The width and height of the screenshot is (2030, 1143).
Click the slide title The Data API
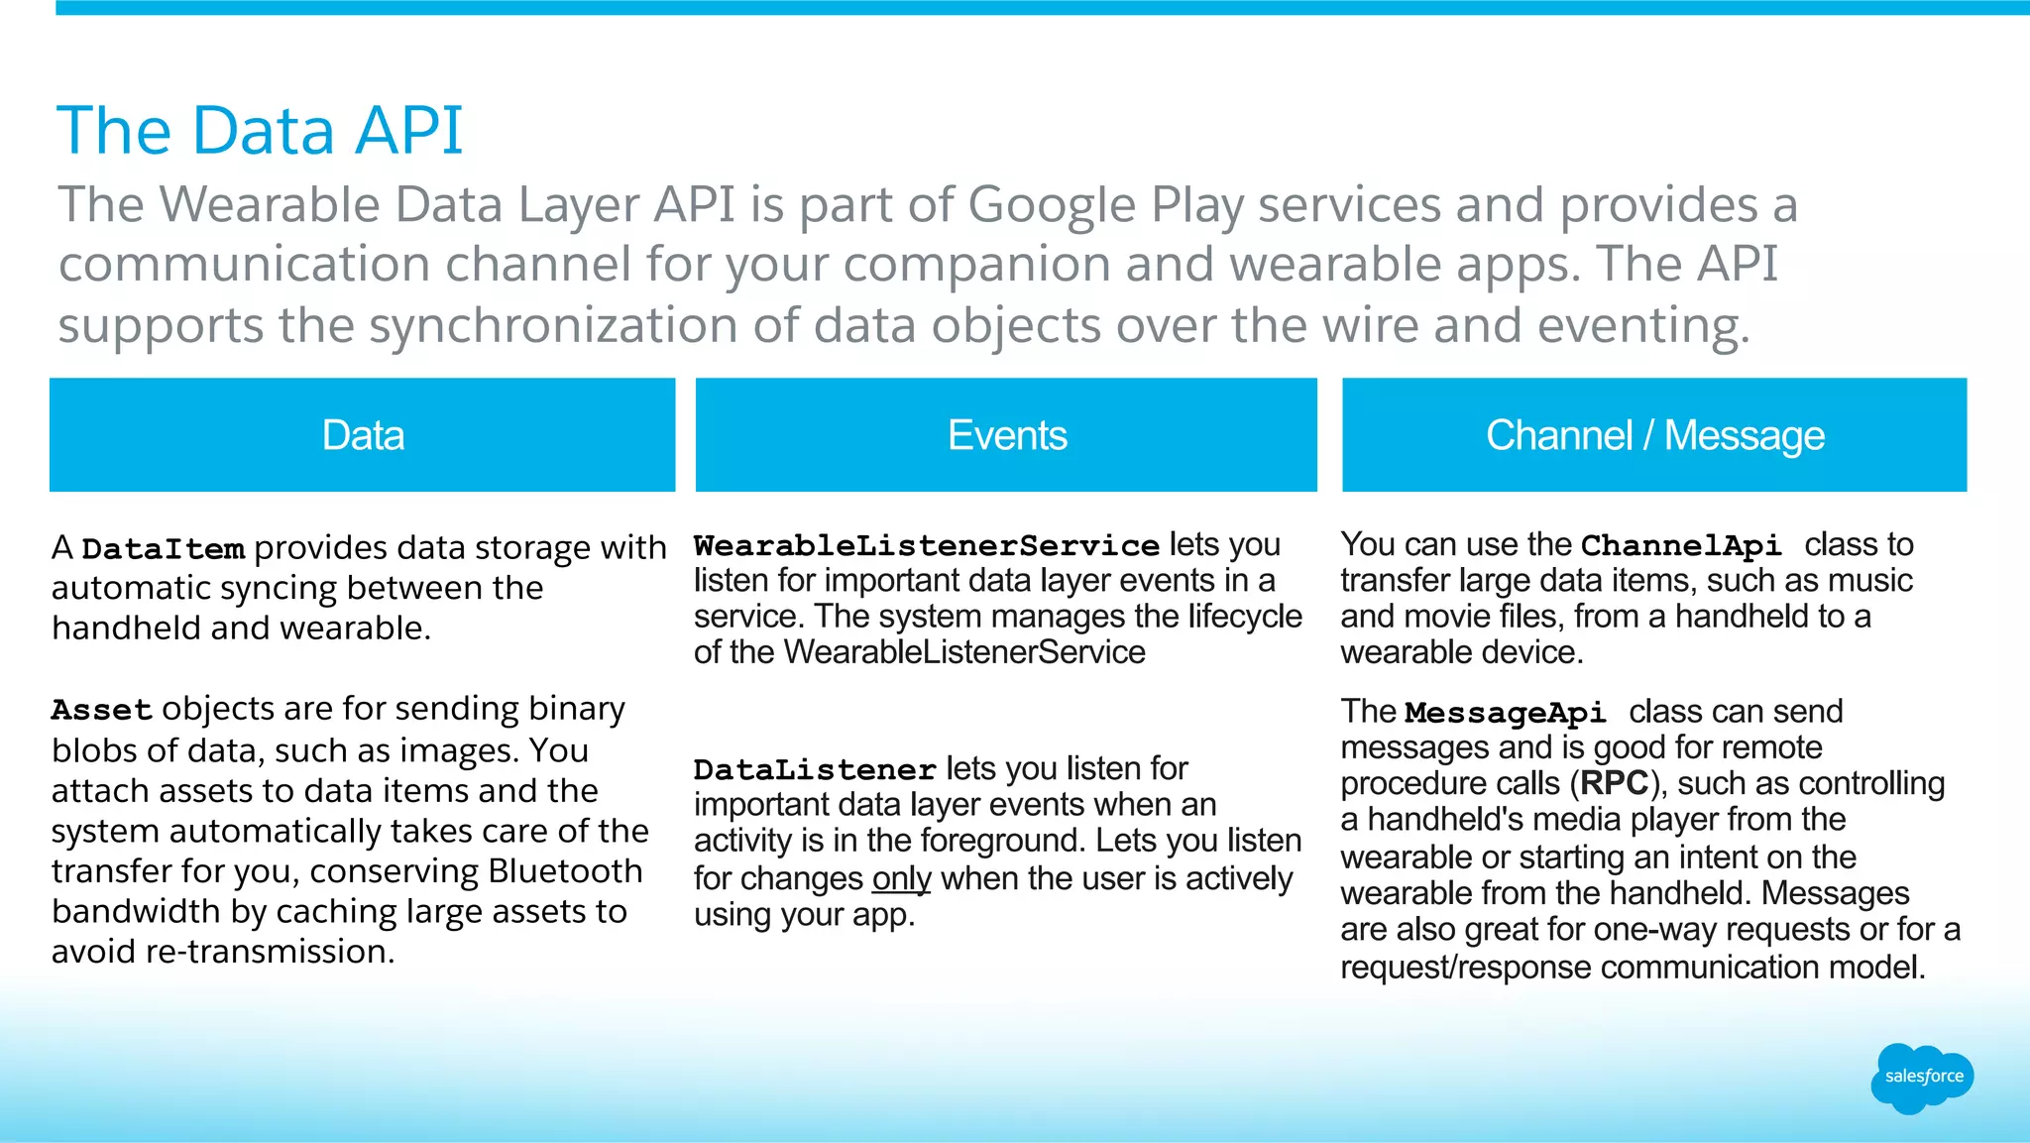(260, 131)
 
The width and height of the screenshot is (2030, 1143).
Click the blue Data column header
(363, 435)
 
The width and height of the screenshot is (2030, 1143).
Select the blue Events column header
(1006, 435)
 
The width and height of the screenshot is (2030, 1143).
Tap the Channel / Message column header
(1654, 435)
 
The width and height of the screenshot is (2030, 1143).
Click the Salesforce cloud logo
(1922, 1078)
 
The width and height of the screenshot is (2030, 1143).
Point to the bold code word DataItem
(163, 549)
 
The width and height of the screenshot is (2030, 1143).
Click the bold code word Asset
(101, 711)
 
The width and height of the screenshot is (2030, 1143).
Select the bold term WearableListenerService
(926, 546)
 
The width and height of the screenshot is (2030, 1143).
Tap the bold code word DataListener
(814, 770)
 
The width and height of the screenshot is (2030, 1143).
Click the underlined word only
(901, 879)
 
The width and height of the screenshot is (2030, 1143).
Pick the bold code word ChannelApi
(1680, 546)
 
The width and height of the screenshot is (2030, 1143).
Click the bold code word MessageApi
(1505, 713)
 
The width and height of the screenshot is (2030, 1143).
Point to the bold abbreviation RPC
(1615, 784)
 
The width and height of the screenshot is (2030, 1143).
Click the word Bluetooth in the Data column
(565, 871)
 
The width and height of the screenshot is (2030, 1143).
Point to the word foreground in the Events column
(1002, 841)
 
